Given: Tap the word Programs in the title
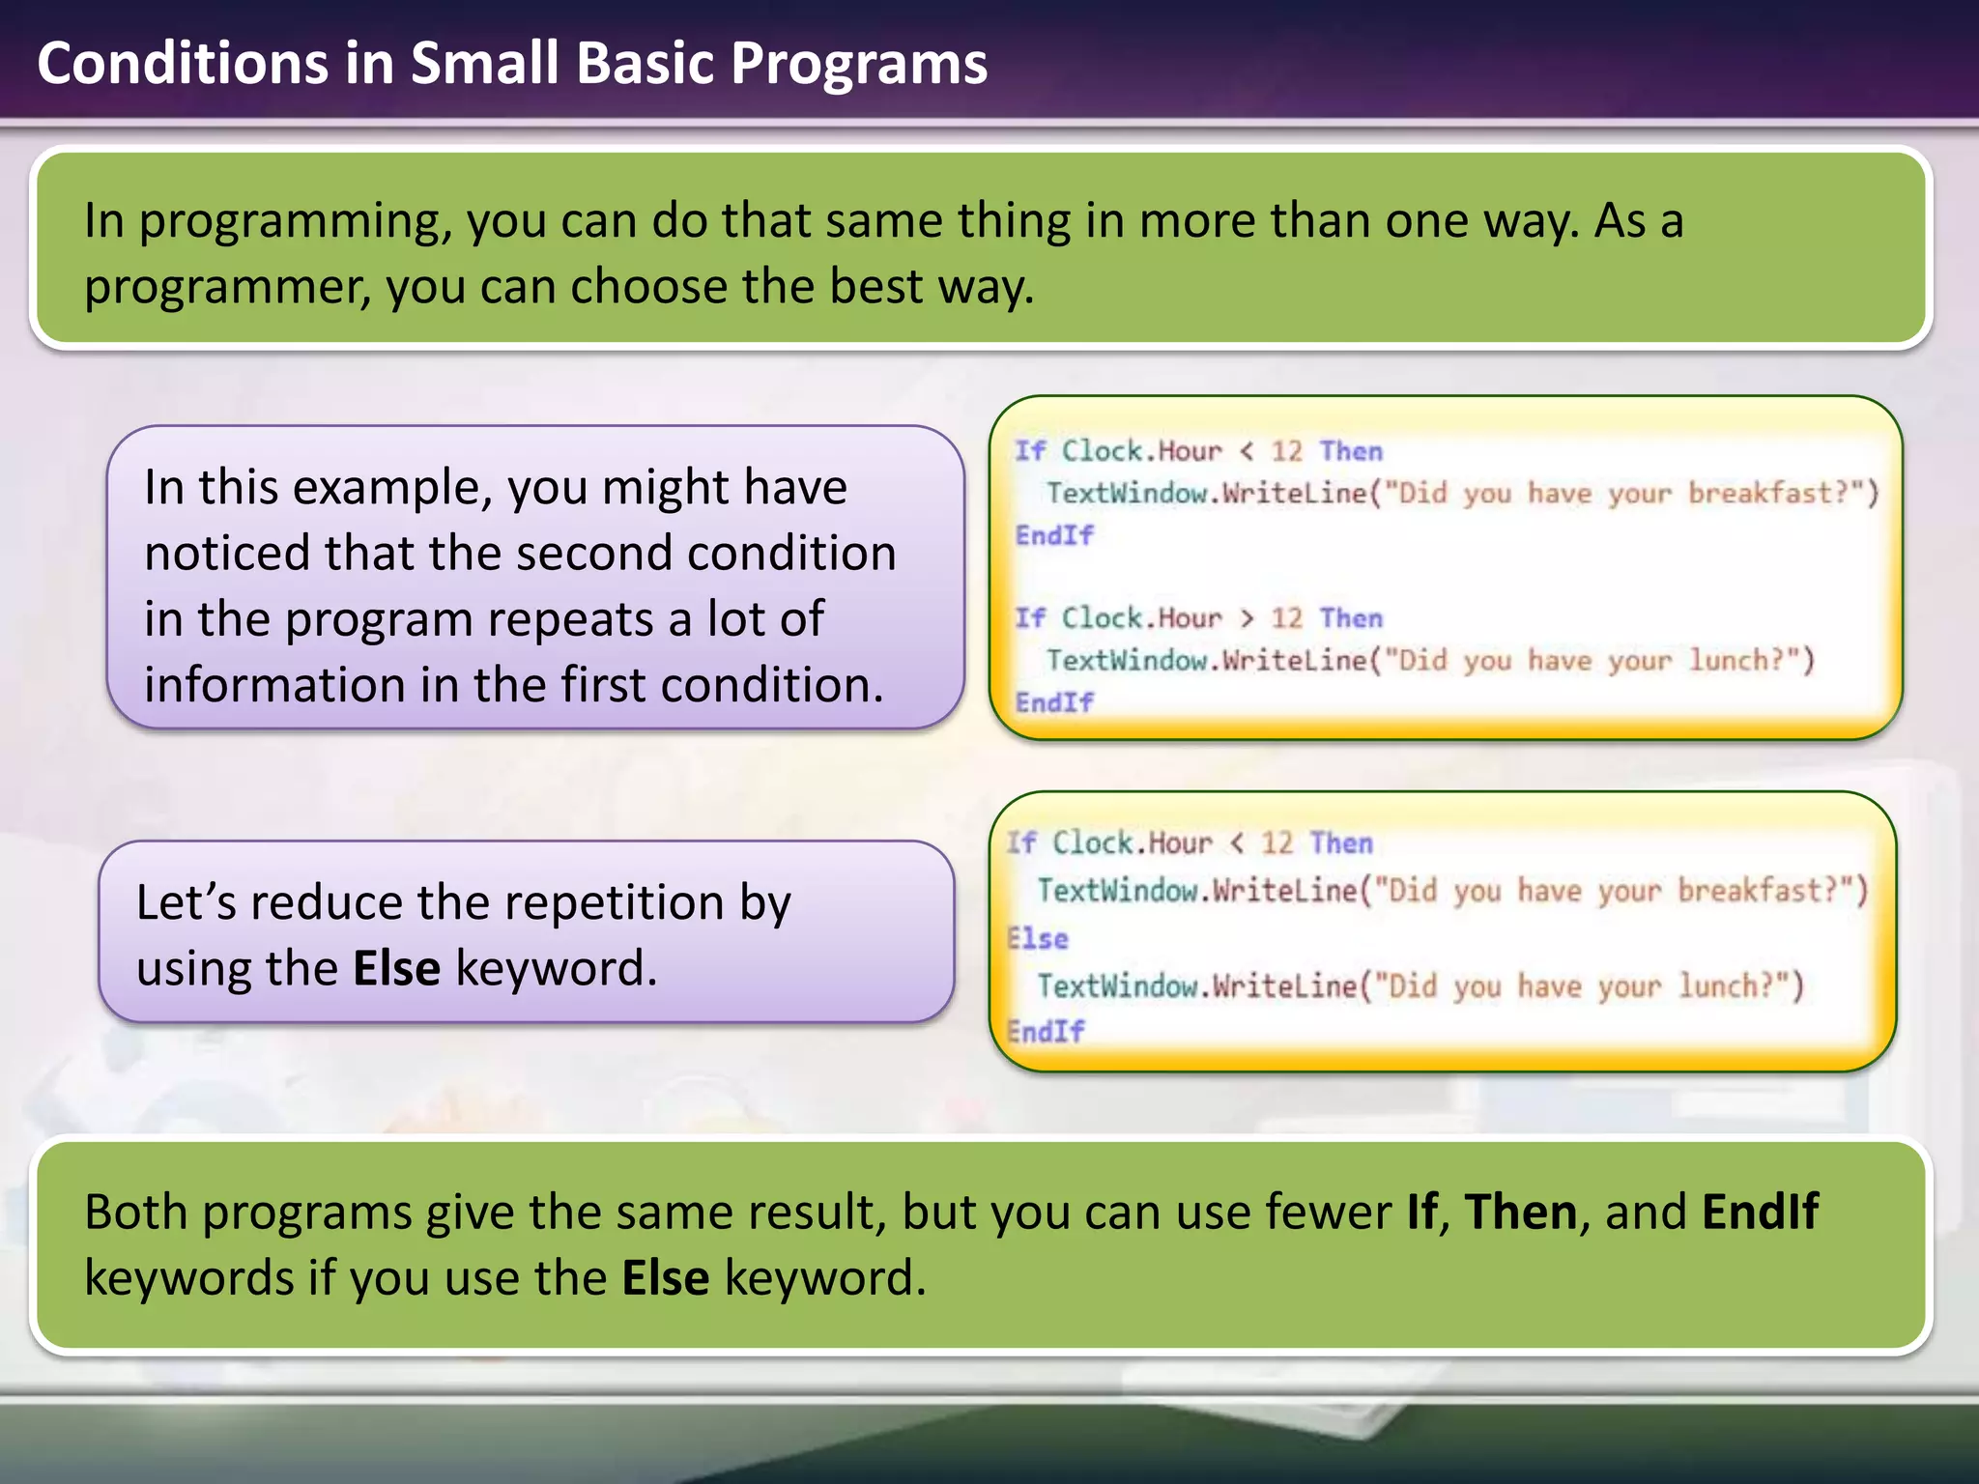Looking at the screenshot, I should coord(858,64).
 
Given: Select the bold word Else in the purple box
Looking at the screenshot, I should coord(396,968).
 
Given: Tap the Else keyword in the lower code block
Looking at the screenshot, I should coord(1038,938).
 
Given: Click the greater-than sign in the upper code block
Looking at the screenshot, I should coord(1247,618).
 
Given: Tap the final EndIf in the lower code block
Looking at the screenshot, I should coord(1046,1031).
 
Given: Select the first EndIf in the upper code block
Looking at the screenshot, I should coord(1054,534).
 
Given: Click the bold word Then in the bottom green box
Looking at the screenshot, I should coord(1520,1212).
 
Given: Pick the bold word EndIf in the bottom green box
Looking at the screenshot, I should coord(1760,1212).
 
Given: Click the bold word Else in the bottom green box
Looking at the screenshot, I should coord(665,1278).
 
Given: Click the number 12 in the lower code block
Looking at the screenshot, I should coord(1276,842).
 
